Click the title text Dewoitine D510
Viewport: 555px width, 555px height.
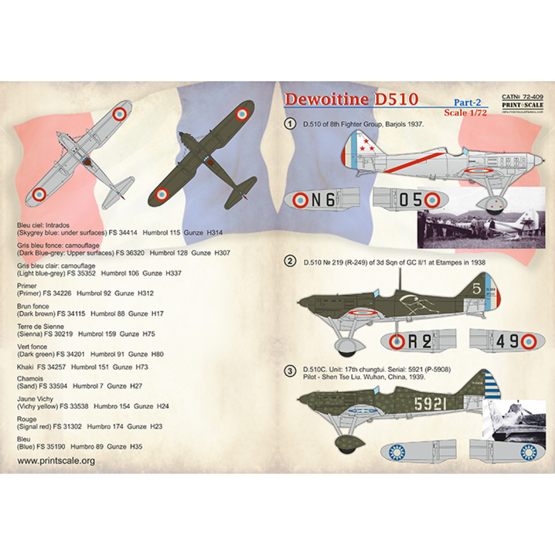tap(351, 99)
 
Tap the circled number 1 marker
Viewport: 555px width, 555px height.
tap(290, 124)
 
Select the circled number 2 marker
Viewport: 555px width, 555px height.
tap(290, 261)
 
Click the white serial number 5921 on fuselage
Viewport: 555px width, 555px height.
tap(430, 404)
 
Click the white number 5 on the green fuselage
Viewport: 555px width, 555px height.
tap(477, 289)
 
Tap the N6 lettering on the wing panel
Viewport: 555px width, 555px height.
tap(323, 200)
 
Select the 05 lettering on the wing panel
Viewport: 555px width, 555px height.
tap(411, 200)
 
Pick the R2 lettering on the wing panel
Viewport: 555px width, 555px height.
tap(419, 342)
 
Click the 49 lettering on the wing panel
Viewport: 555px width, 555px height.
tap(507, 342)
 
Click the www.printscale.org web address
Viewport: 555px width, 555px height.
tap(56, 461)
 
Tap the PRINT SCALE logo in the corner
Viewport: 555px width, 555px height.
tap(522, 105)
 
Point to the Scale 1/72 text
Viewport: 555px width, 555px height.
tap(465, 113)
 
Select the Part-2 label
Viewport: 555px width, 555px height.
tap(467, 102)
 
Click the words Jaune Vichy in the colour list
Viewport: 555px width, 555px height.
tap(35, 399)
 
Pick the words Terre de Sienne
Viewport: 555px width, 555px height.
tap(40, 326)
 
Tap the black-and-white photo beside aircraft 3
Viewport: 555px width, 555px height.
tap(515, 420)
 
